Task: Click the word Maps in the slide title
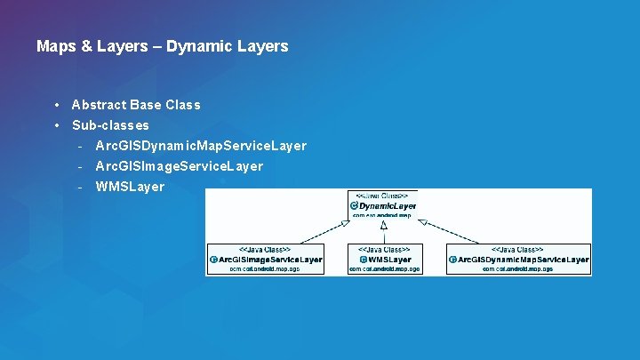click(55, 45)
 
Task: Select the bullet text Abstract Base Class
click(136, 105)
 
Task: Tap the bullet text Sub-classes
click(110, 125)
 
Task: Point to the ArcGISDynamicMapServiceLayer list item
click(201, 146)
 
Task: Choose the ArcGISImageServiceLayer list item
click(179, 166)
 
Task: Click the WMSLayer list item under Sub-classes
click(130, 187)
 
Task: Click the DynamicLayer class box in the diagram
click(382, 205)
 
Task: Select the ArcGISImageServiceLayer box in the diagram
click(266, 259)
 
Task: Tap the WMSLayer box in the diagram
click(384, 259)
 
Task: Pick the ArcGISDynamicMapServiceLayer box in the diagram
click(518, 259)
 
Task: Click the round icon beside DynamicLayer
click(354, 206)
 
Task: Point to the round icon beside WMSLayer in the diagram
click(363, 260)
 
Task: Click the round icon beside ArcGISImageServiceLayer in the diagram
click(213, 260)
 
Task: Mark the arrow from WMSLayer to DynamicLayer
click(383, 232)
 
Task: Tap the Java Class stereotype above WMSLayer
click(384, 250)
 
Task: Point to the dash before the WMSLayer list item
click(80, 187)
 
